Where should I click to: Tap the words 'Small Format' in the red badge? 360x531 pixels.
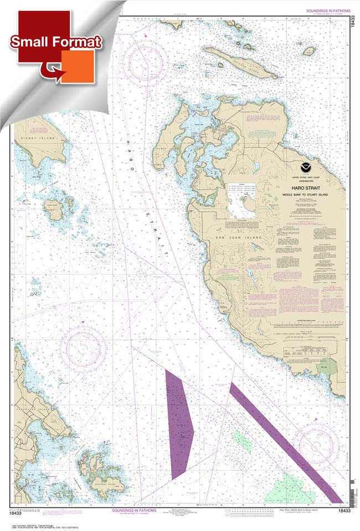pyautogui.click(x=55, y=42)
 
